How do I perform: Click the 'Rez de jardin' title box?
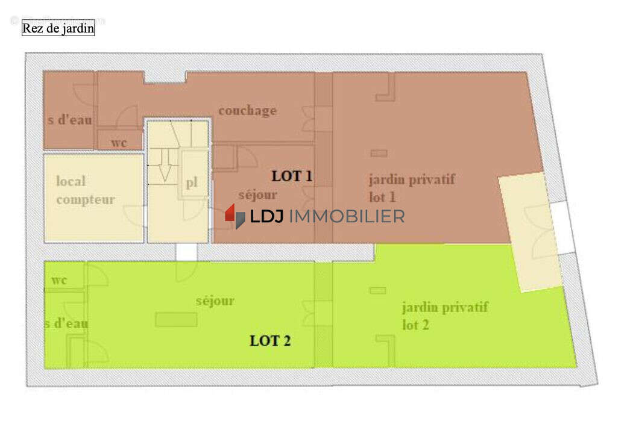pos(58,28)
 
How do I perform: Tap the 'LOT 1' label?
pos(292,176)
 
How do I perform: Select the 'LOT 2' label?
pos(270,341)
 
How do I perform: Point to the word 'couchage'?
pos(247,111)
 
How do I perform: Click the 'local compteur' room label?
pos(85,190)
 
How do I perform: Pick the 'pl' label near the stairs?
pos(192,183)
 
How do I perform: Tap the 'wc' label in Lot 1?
pos(119,143)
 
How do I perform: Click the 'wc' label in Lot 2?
pos(59,281)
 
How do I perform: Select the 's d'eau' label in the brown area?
pos(70,120)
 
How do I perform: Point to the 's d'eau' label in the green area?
pos(66,323)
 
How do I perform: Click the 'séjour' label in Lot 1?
pos(257,195)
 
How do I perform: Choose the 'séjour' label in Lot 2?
pos(215,301)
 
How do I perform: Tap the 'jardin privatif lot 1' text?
pos(411,188)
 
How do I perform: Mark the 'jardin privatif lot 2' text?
pos(445,316)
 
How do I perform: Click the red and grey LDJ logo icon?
pos(235,216)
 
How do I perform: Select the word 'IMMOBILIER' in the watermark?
pos(347,217)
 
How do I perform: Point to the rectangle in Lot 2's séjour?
pos(176,320)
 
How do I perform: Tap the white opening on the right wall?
pos(563,228)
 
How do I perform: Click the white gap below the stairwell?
pos(187,252)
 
